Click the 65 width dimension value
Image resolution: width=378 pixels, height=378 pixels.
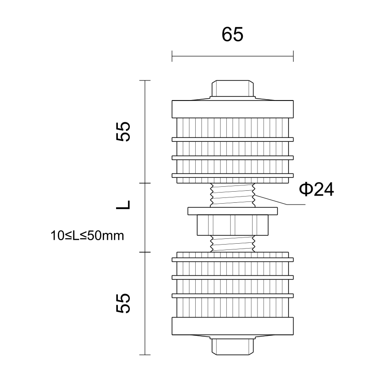(x=233, y=35)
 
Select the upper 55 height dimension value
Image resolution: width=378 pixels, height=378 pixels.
(x=123, y=131)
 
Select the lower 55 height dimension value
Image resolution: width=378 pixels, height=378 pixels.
(x=123, y=303)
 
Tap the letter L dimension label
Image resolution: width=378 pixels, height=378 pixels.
(x=123, y=205)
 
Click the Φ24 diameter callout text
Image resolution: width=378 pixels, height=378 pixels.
(x=316, y=189)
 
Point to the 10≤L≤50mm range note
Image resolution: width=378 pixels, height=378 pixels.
(x=87, y=236)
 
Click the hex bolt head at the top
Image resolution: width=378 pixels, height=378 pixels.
(x=233, y=88)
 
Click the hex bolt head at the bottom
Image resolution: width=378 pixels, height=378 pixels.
(x=233, y=347)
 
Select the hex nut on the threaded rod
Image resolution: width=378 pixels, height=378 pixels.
(x=233, y=225)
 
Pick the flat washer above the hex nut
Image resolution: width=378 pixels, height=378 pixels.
(x=233, y=211)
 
